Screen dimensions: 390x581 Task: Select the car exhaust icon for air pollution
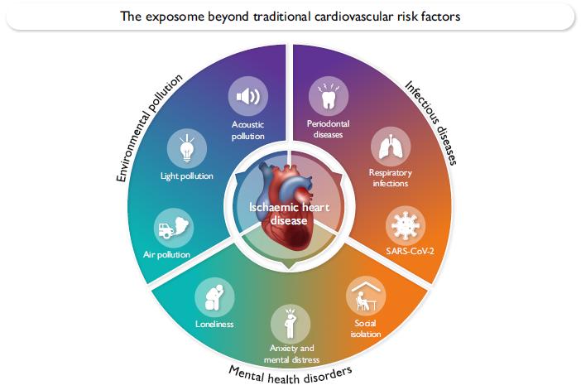(x=173, y=224)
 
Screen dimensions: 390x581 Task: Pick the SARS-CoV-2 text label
(x=404, y=251)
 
